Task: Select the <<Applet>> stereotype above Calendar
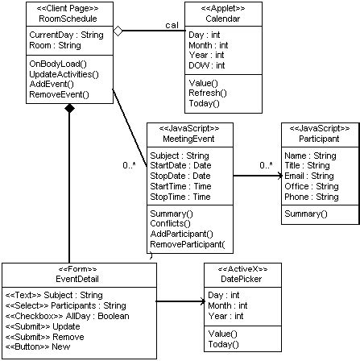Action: pyautogui.click(x=210, y=7)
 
